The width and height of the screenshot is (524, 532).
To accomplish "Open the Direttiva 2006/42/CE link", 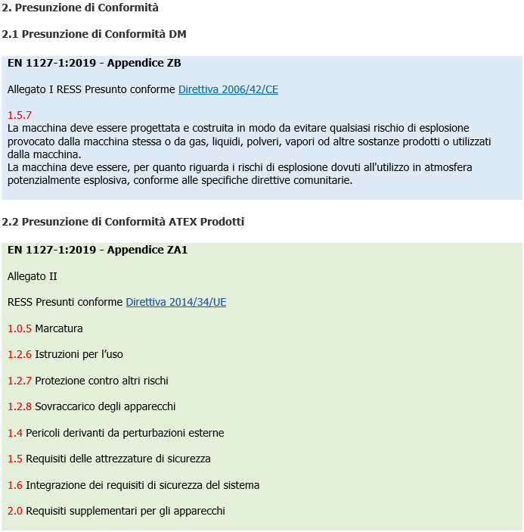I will tap(228, 89).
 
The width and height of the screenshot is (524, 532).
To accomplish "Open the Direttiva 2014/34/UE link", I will tap(175, 302).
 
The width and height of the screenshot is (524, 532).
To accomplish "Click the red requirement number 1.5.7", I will tap(20, 115).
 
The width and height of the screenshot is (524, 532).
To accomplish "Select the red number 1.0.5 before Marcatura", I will tap(20, 328).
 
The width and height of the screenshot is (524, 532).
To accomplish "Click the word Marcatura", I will tap(59, 328).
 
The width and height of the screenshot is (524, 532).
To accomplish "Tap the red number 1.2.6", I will tap(20, 354).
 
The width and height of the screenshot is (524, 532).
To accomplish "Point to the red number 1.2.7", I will tap(20, 381).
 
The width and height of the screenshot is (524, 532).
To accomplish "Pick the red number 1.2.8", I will tap(20, 406).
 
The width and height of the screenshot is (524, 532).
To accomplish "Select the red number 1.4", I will tap(15, 433).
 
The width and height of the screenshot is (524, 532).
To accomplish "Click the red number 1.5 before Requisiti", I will tap(15, 459).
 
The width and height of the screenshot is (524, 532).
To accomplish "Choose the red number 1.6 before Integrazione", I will tap(15, 485).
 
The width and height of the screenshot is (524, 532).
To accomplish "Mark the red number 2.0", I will tap(15, 511).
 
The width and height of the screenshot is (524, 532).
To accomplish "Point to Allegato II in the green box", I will tap(33, 276).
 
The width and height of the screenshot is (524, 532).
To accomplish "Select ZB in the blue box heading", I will tap(173, 63).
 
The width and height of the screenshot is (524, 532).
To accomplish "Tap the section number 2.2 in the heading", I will tap(10, 222).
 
